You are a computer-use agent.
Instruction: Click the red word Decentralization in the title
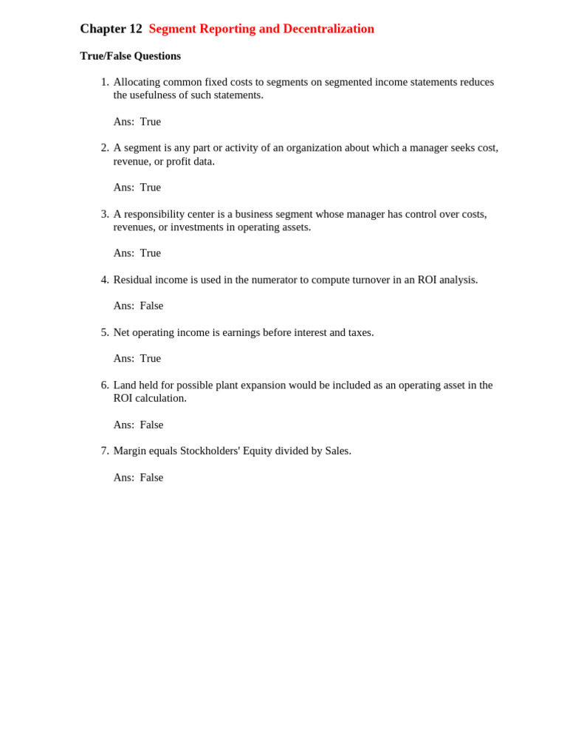tap(329, 29)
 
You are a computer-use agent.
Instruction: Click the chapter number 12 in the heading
tap(135, 29)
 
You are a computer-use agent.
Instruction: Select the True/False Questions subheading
tap(130, 56)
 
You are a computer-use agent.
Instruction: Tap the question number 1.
tap(104, 82)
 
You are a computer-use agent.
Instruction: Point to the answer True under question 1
tap(150, 122)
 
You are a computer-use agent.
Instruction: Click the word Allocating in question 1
tap(138, 82)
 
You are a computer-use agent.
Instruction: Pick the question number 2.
tap(104, 148)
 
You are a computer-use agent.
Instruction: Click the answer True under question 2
tap(150, 188)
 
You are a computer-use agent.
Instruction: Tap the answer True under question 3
tap(150, 253)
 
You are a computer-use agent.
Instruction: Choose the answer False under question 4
tap(151, 306)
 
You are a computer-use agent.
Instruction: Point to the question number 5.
tap(104, 332)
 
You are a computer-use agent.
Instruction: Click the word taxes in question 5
tap(359, 332)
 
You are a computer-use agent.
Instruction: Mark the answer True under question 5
tap(150, 359)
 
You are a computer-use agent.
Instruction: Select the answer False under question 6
tap(151, 425)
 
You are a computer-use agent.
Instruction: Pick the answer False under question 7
tap(151, 478)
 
